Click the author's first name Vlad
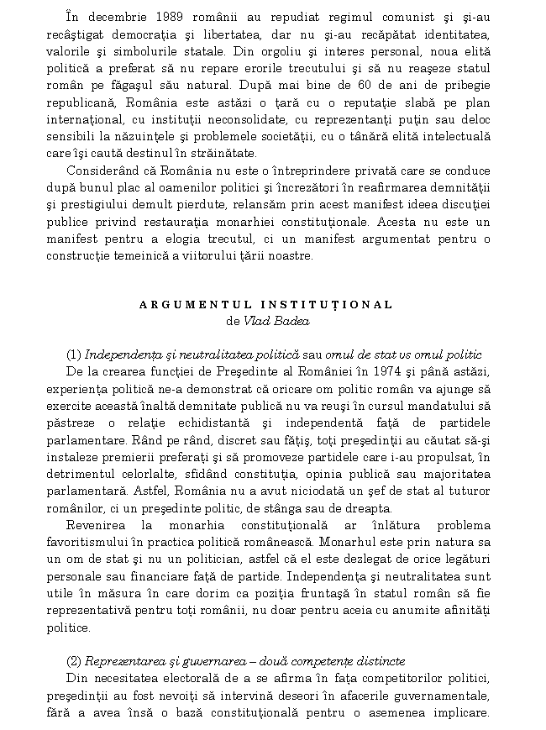(x=257, y=321)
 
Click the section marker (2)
(x=73, y=661)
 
